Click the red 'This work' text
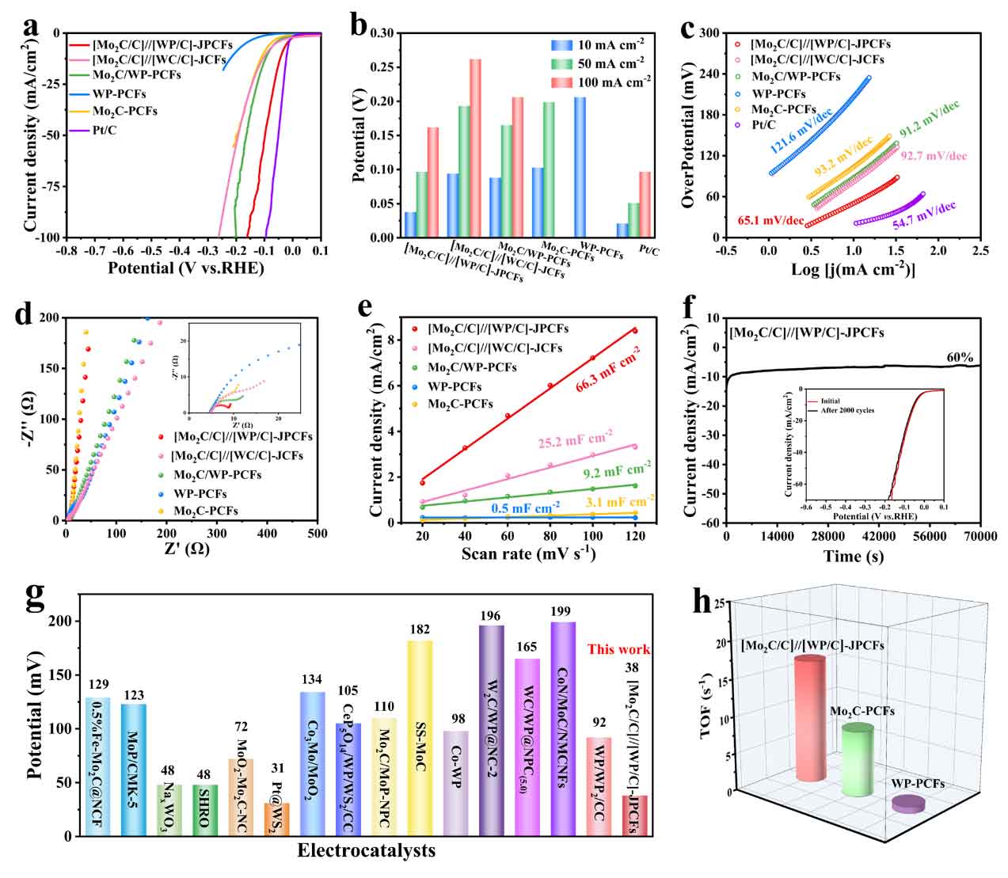point(618,649)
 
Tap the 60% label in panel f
point(959,358)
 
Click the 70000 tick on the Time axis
point(979,536)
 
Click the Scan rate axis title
point(529,553)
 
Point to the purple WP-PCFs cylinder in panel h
point(908,804)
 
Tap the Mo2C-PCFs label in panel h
point(862,711)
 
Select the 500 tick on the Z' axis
point(318,534)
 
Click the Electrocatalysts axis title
point(366,851)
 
